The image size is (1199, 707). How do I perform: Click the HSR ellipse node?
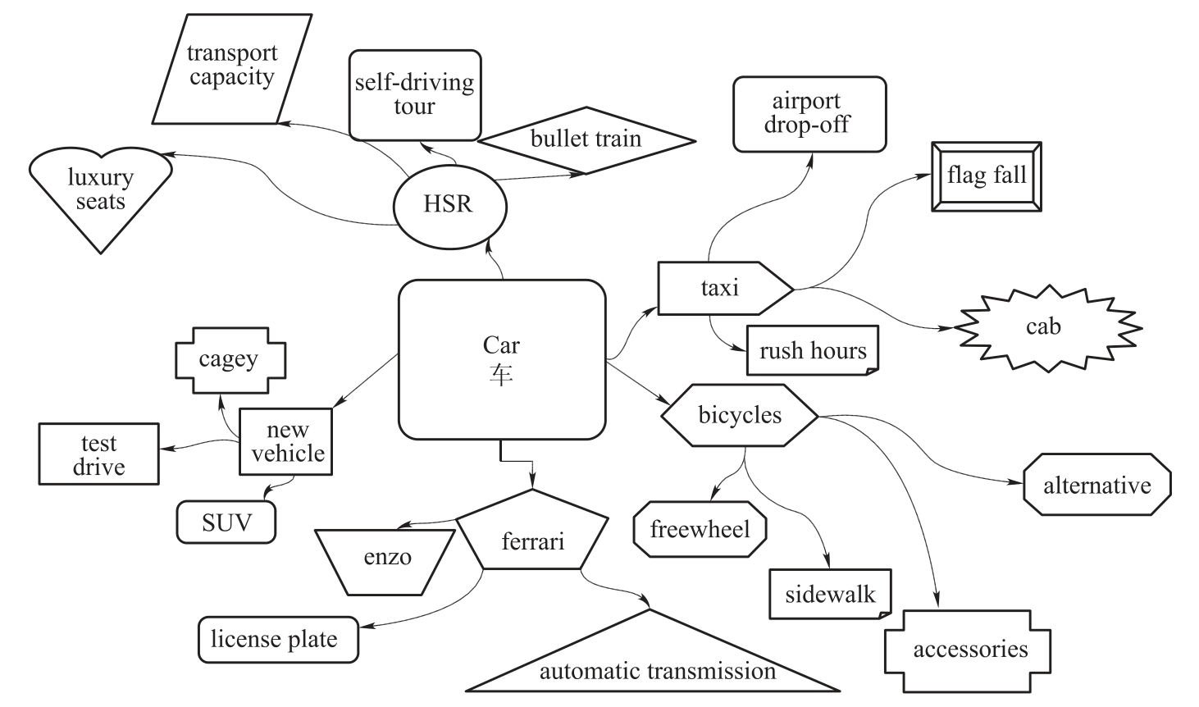[x=449, y=204]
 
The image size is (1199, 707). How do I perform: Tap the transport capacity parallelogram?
[x=232, y=68]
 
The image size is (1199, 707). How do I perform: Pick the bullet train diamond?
[x=586, y=139]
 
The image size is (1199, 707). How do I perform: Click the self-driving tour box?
[x=415, y=95]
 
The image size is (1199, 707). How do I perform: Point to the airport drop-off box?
[x=809, y=114]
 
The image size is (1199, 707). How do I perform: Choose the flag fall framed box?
[x=987, y=176]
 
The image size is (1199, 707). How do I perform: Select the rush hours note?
[x=813, y=351]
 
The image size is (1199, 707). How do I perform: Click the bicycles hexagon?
[x=740, y=416]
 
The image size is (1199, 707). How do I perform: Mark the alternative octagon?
[x=1096, y=486]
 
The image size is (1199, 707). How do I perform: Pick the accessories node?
[x=969, y=650]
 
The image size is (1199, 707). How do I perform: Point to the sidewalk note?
[x=830, y=595]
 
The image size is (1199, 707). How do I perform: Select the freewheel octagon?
[x=700, y=530]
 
